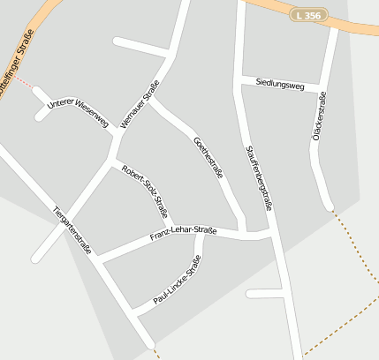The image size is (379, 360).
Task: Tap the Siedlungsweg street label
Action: (279, 85)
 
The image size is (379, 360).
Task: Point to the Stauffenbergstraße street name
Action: (258, 176)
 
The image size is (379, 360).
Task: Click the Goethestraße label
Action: (208, 158)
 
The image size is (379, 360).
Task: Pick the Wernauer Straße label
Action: (139, 103)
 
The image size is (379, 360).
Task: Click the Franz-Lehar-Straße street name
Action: (183, 233)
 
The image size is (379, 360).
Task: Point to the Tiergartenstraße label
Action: (72, 230)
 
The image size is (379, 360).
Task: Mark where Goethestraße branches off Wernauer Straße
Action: (150, 100)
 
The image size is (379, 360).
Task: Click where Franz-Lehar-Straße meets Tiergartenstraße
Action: (98, 258)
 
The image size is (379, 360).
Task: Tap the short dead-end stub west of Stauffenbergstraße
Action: (263, 293)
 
